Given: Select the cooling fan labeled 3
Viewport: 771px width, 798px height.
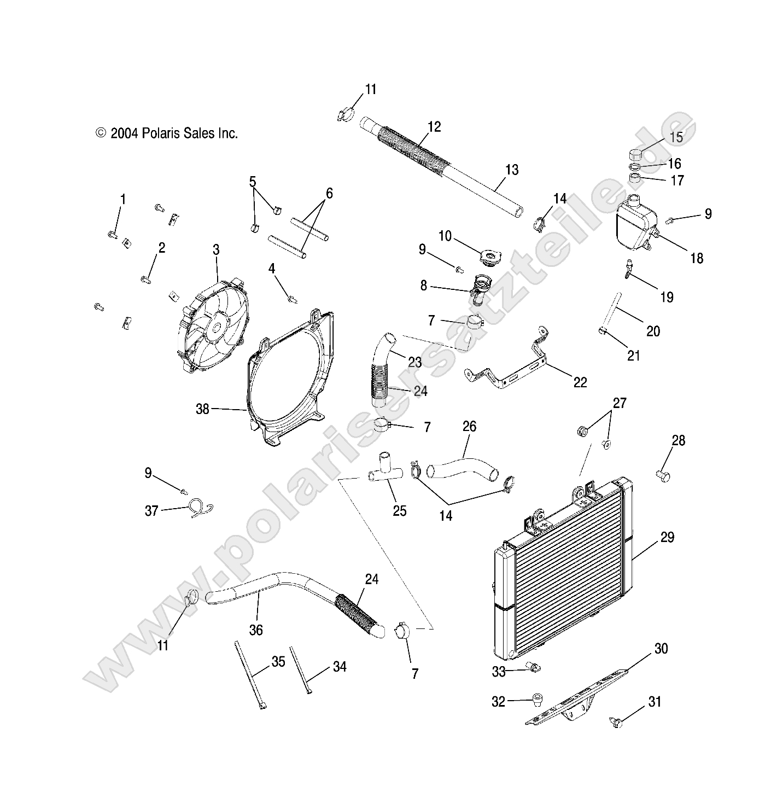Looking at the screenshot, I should point(212,328).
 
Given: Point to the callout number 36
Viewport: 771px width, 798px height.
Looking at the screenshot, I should point(256,630).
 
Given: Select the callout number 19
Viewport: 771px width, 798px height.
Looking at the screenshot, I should point(667,298).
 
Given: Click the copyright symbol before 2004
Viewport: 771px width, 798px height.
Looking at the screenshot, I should point(101,133).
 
